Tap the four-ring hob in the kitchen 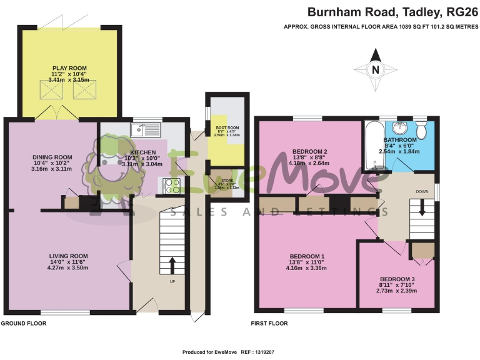[172, 185]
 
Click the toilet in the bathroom [422, 131]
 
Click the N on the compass [376, 70]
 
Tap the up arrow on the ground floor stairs [172, 264]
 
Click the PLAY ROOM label [69, 67]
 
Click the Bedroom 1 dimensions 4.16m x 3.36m [306, 268]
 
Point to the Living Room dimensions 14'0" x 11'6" [69, 262]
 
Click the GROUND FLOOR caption [24, 323]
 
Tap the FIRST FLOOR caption [269, 323]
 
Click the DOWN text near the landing [422, 192]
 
